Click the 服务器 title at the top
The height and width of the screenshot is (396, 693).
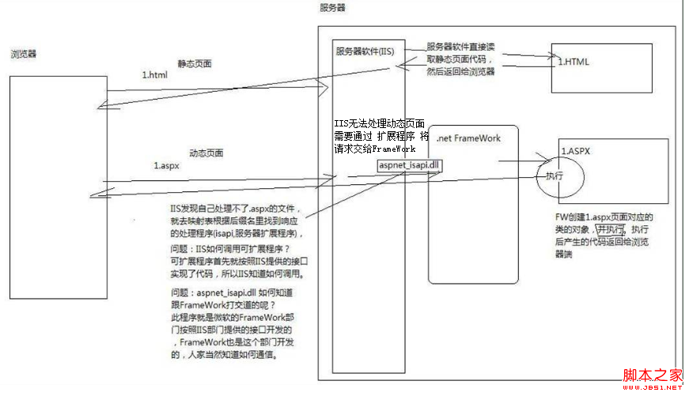332,7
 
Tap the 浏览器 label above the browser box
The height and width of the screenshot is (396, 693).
24,54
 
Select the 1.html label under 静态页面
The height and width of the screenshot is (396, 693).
155,74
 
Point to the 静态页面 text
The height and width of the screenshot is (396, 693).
195,63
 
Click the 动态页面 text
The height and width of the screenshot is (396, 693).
206,153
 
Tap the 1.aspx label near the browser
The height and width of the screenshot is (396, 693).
166,167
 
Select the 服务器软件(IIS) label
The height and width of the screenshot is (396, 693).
365,51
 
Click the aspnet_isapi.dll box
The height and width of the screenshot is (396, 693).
410,164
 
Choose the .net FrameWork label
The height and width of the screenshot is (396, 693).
468,138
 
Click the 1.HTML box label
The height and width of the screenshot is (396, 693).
574,62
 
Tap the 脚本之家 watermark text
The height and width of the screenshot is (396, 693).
653,375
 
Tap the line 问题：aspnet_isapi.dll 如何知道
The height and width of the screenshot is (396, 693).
235,293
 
